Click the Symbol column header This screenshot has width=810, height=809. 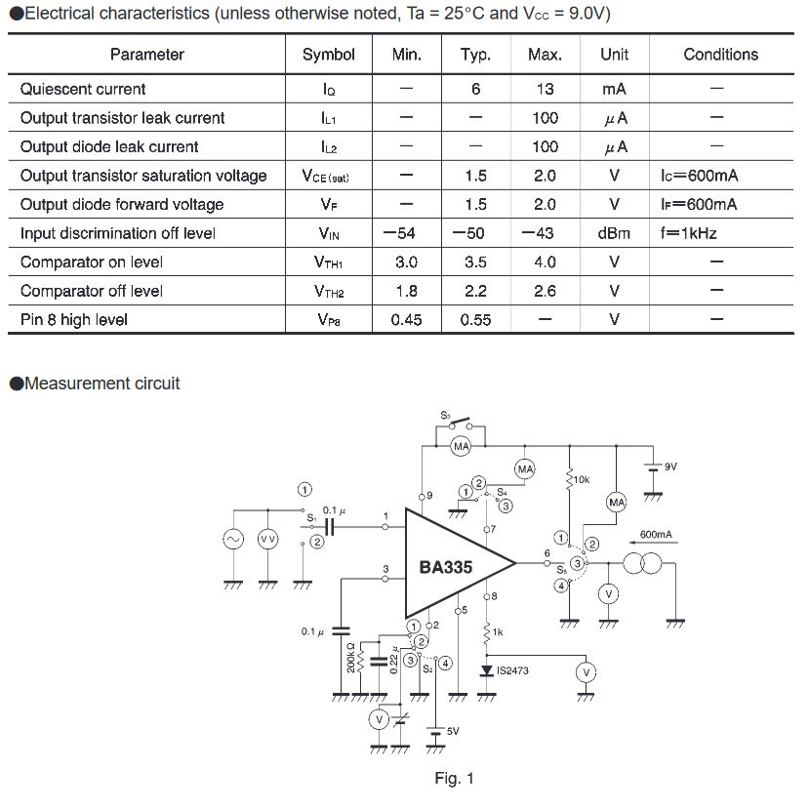pos(329,55)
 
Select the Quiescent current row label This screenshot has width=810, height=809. pos(83,90)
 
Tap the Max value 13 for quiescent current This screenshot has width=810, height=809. pos(545,90)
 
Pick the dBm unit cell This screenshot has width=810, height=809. pos(614,233)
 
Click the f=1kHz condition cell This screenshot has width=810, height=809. pos(689,233)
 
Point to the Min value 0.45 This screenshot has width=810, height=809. pos(406,320)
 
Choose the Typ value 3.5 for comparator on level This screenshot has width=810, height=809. pos(475,262)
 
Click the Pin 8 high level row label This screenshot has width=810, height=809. pos(74,320)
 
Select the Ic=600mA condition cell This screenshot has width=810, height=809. pos(699,176)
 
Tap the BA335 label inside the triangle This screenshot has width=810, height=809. pos(445,567)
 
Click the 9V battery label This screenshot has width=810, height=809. pos(670,466)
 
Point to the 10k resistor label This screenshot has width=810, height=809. pos(582,479)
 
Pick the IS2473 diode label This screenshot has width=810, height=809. pos(512,670)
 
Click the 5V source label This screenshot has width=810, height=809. pos(453,731)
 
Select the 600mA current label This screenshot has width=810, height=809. pos(656,534)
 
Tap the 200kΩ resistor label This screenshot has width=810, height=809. pos(350,658)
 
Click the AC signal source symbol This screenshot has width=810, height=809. pos(233,540)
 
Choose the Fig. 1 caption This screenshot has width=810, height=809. pos(454,778)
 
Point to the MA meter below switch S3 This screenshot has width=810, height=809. pos(461,446)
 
